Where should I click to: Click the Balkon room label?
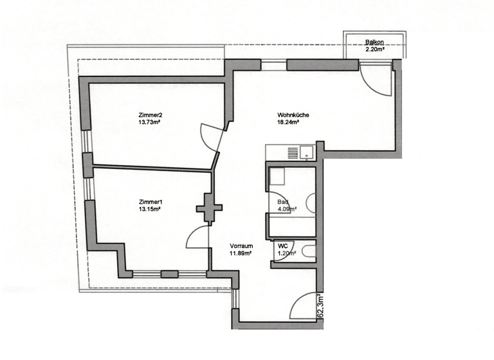374,42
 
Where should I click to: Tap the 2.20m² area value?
374,49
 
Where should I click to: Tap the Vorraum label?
240,246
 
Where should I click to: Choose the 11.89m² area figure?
240,253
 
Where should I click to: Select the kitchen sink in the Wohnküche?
307,152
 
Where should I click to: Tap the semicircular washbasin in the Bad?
311,203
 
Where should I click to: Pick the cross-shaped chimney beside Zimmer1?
209,208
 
